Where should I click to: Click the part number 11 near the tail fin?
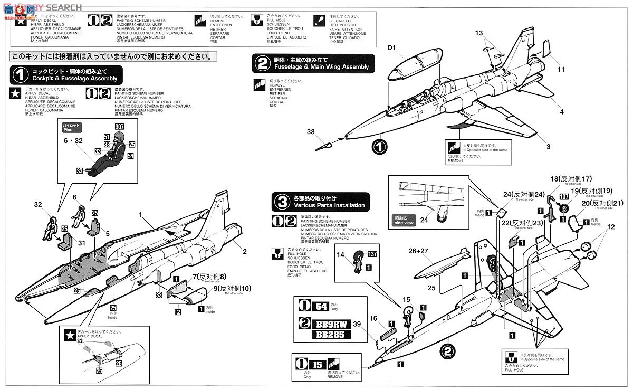[561, 69]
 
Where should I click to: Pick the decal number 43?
[81, 341]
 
